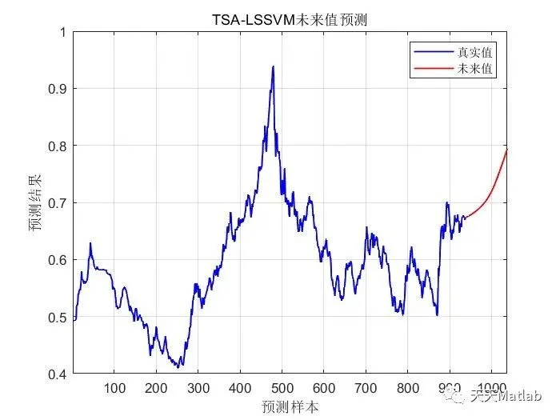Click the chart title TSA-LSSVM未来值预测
(x=290, y=19)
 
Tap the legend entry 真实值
(x=474, y=51)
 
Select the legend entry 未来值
(x=474, y=69)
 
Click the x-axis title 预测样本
(x=290, y=406)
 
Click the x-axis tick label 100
(x=114, y=389)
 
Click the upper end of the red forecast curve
(x=506, y=150)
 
